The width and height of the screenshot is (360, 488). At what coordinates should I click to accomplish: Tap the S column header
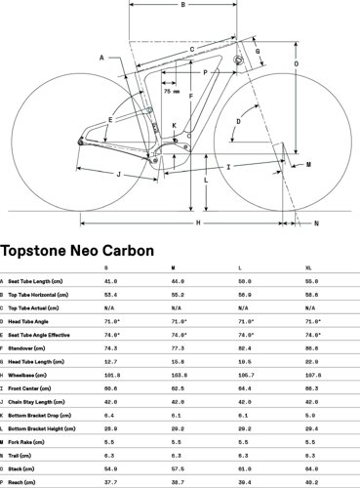coord(105,266)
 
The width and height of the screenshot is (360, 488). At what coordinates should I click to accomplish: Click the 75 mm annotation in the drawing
coord(171,92)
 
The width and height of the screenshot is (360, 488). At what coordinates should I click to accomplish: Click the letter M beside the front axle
coord(308,165)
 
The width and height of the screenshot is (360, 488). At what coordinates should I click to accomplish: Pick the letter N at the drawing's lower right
coord(315,224)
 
